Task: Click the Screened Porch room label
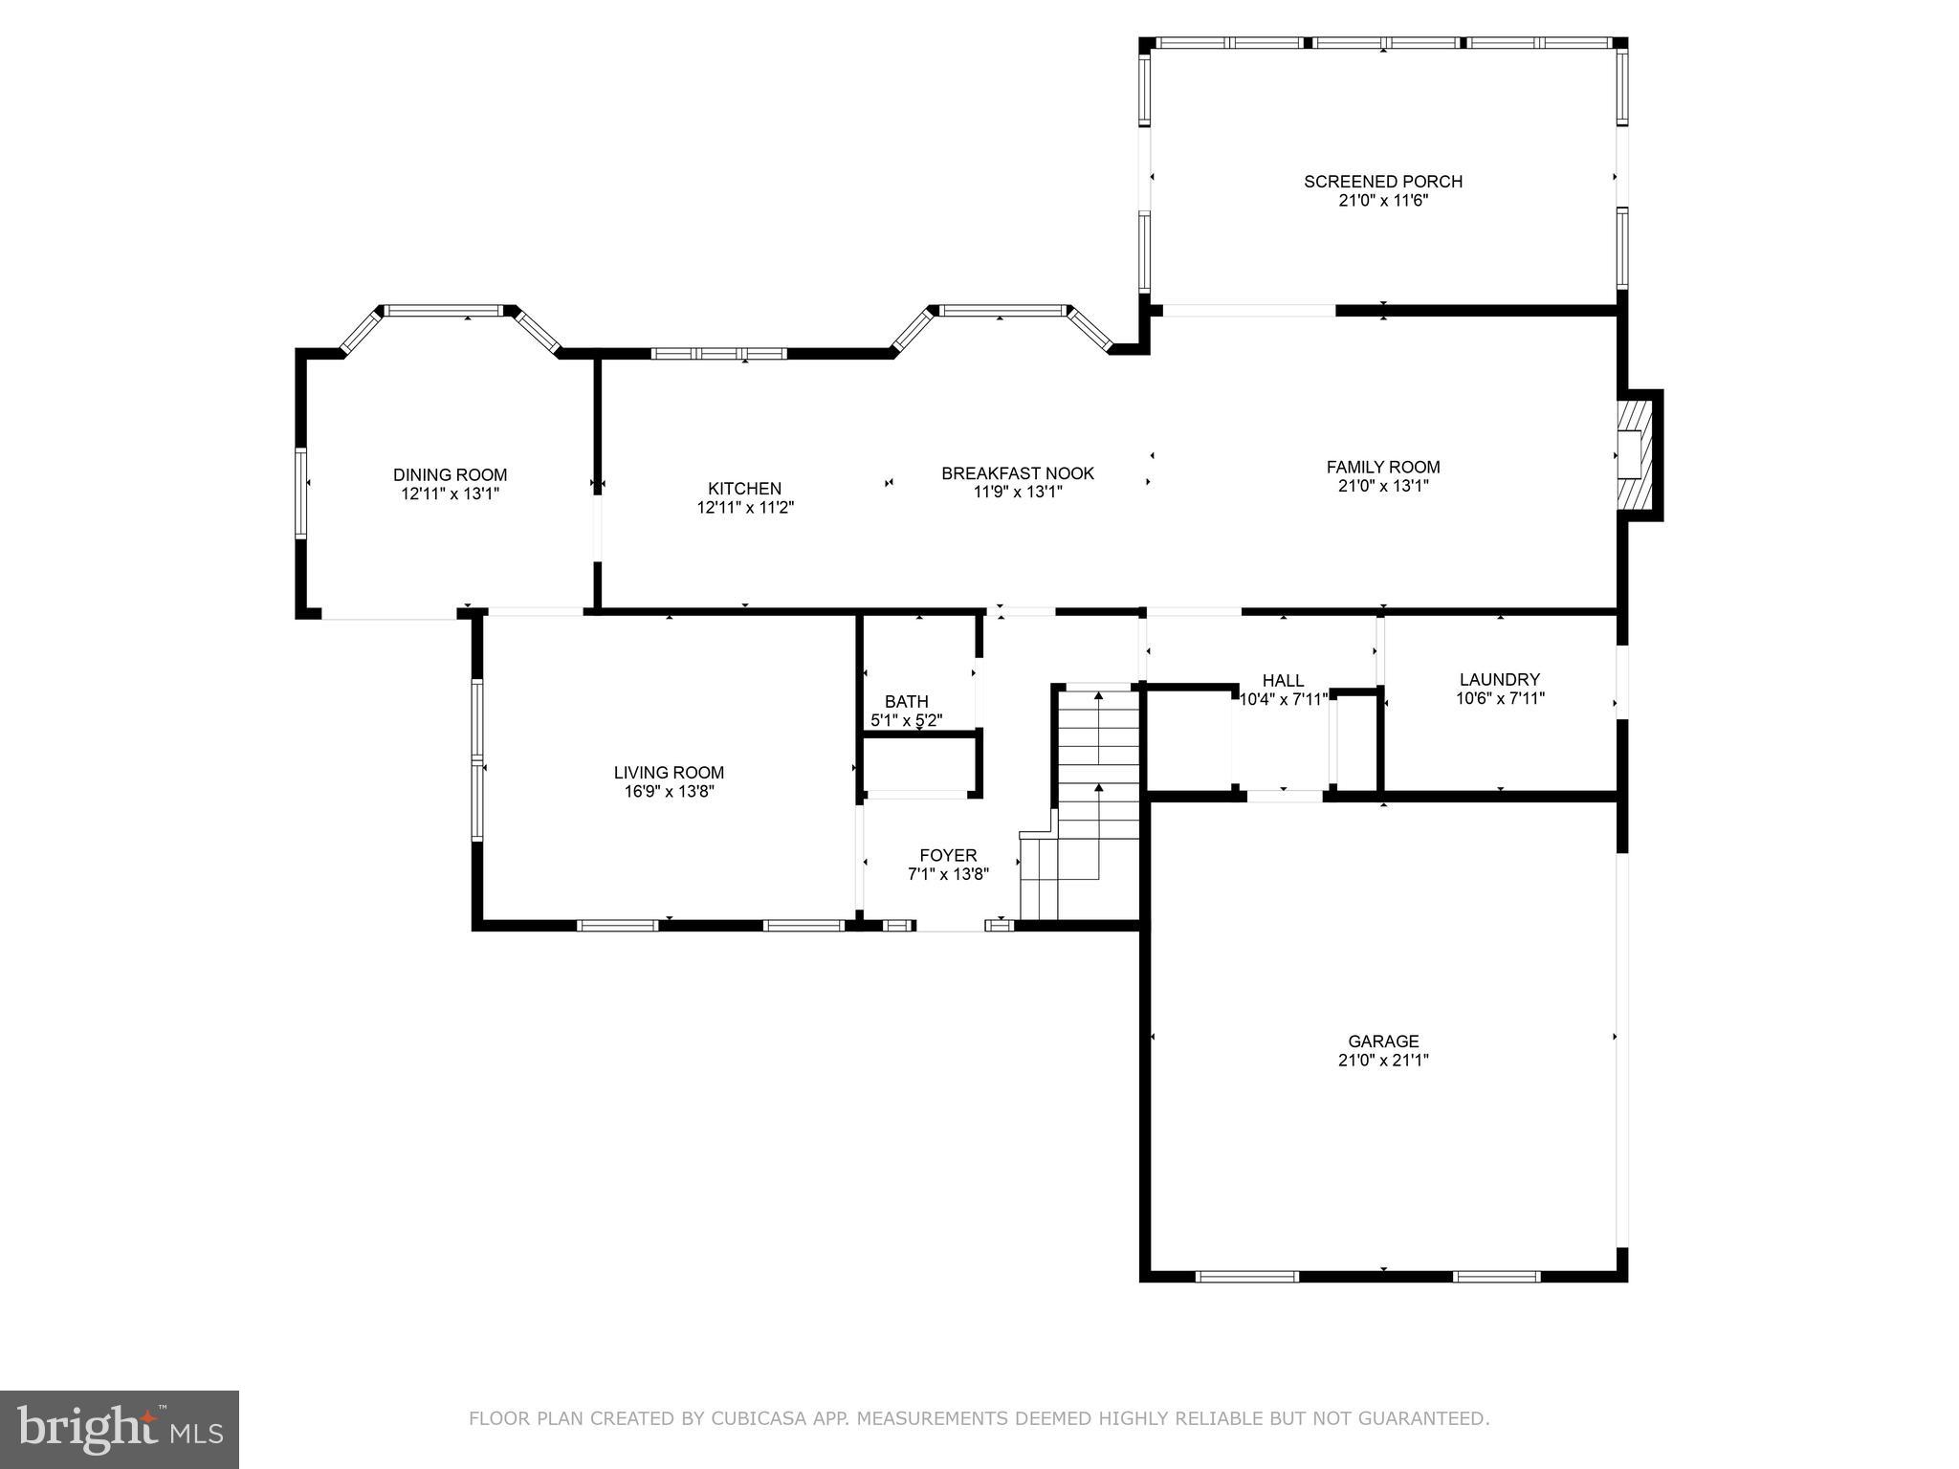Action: [x=1383, y=181]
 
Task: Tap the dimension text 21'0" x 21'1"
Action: [x=1383, y=1060]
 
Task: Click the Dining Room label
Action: [x=450, y=474]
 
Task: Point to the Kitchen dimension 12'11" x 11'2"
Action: [x=745, y=508]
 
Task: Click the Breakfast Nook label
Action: [x=1018, y=473]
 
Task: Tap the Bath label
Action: [x=906, y=701]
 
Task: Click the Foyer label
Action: [x=948, y=855]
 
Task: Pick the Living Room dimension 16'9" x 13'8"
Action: [x=669, y=792]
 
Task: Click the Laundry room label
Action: [x=1499, y=680]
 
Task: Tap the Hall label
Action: [x=1283, y=680]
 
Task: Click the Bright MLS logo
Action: [x=120, y=1429]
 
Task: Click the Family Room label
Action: [x=1383, y=467]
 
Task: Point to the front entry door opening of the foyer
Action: [x=950, y=926]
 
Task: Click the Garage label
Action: [x=1383, y=1041]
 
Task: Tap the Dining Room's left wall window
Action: [x=300, y=493]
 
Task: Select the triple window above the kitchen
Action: [x=719, y=354]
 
